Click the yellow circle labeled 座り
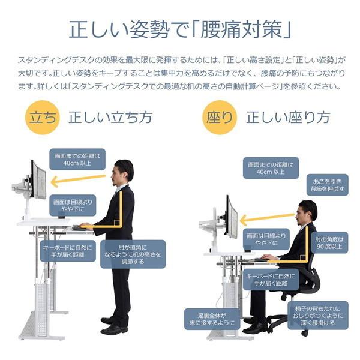(220, 117)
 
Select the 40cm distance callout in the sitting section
(271, 168)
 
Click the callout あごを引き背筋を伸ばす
(326, 184)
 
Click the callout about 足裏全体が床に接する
(205, 318)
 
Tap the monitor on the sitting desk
(232, 217)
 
